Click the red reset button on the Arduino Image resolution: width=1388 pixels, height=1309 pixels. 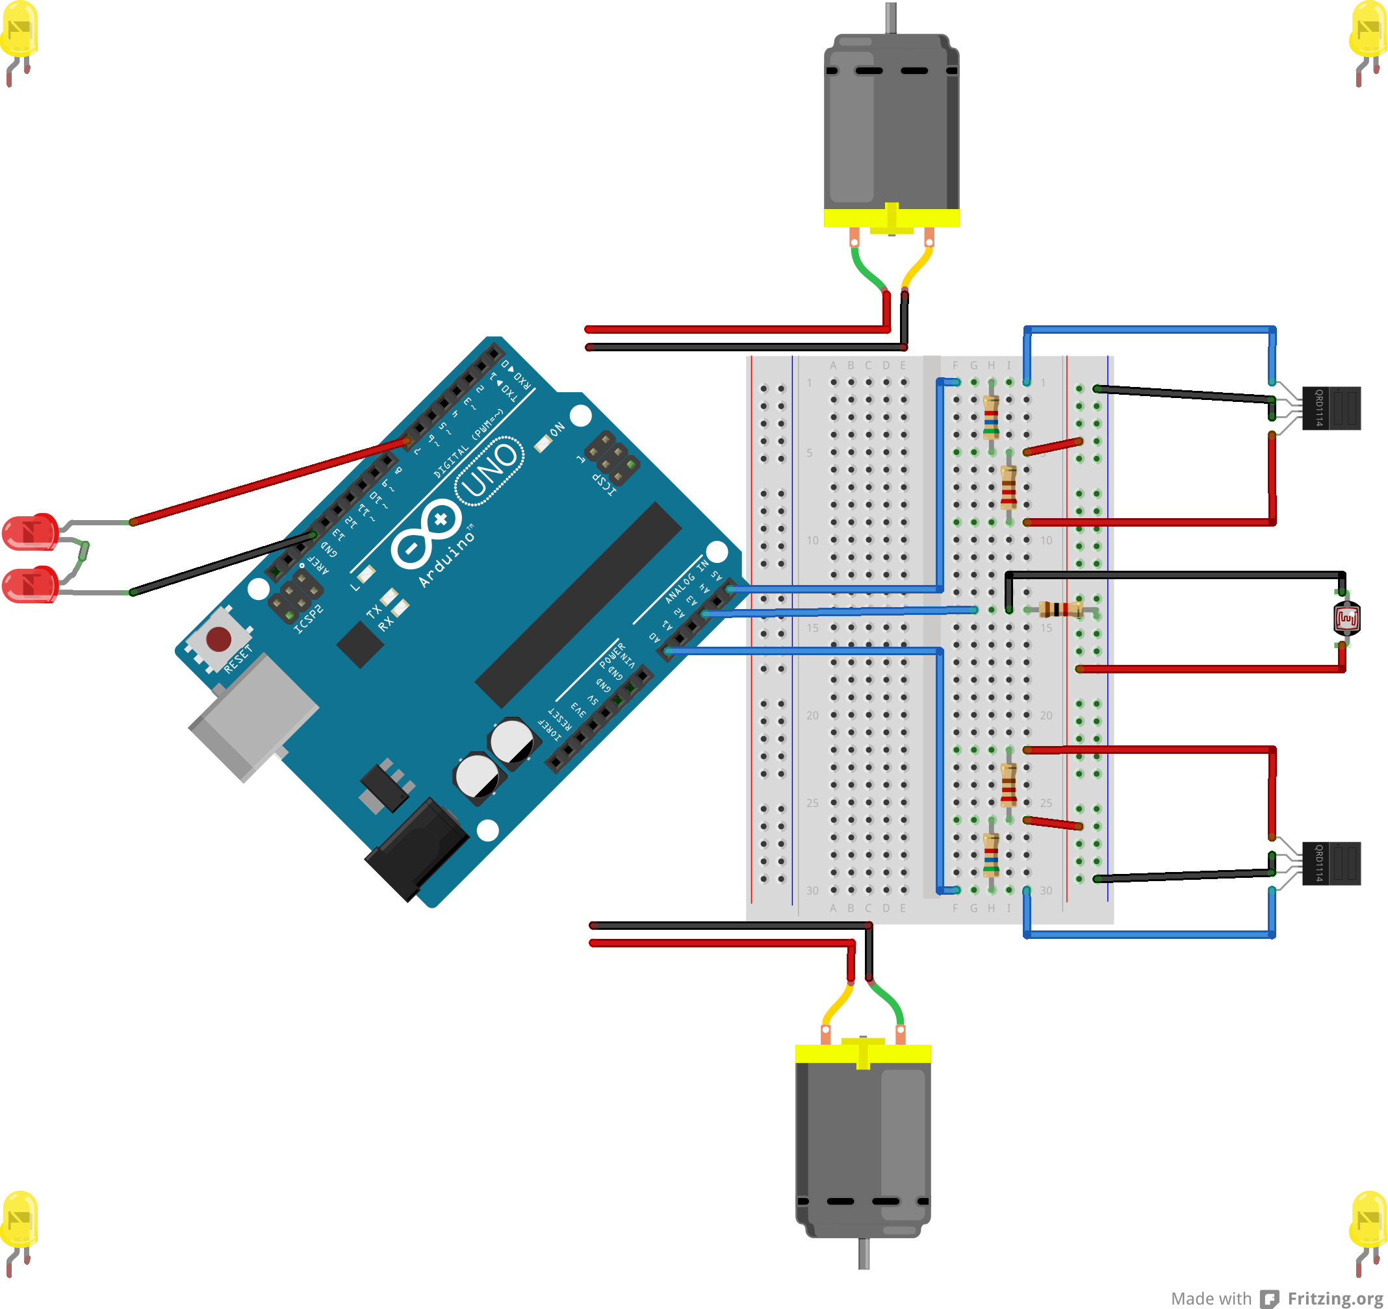click(218, 638)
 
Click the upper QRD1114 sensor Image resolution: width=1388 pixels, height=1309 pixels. click(1331, 408)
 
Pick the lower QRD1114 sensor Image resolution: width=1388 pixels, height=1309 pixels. click(1331, 863)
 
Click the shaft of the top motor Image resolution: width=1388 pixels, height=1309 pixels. click(891, 18)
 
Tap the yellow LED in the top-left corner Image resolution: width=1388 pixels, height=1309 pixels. click(19, 31)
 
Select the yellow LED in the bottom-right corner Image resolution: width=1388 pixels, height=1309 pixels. click(1369, 1221)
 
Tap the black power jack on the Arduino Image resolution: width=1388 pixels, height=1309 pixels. click(419, 848)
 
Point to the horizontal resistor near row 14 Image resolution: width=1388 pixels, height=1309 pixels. click(1060, 610)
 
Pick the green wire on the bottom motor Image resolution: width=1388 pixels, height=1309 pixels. click(889, 1001)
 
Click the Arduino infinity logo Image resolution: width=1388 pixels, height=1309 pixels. click(426, 534)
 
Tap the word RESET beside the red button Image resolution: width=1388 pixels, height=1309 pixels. click(237, 660)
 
